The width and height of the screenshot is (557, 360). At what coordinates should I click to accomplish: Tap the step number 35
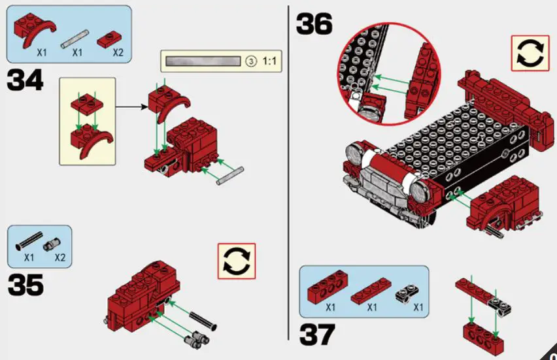(x=25, y=285)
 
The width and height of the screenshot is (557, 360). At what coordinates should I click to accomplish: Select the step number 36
(x=314, y=24)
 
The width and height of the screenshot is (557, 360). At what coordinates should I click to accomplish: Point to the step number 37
(x=317, y=334)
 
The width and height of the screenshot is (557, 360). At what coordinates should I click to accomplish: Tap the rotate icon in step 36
(x=530, y=54)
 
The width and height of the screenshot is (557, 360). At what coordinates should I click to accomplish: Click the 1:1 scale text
(x=270, y=61)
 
